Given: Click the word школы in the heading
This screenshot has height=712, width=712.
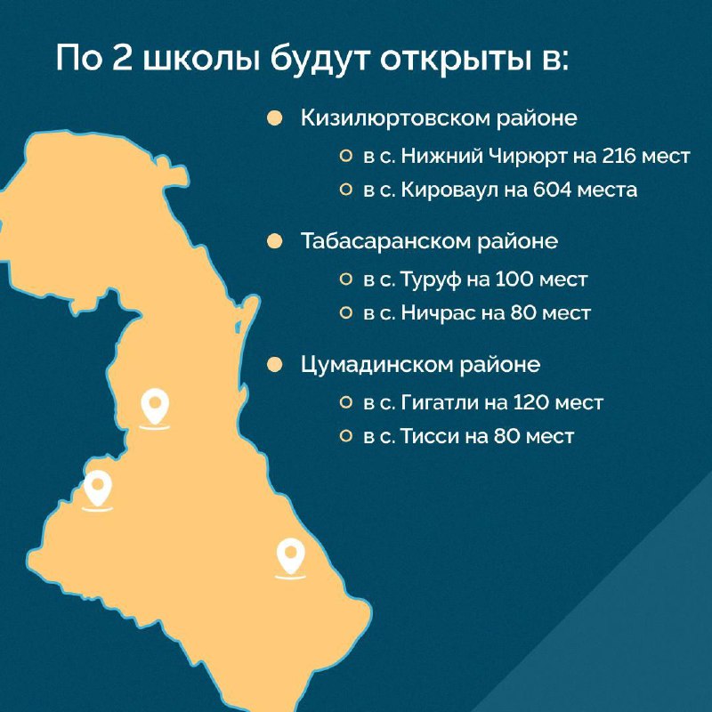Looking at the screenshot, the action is point(202,59).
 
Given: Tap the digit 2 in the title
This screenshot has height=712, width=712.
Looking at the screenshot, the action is point(122,58).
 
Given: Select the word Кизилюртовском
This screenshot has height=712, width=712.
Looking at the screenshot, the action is point(394,118).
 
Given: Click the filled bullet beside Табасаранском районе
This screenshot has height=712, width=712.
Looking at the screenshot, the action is point(275,241).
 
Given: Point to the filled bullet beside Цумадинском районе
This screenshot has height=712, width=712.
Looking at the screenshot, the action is point(275,365).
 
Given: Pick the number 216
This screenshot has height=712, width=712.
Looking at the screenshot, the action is point(619,157).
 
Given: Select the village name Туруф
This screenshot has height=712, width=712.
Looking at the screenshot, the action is point(431,280).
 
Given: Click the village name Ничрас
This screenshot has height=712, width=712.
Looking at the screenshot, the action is point(438,313).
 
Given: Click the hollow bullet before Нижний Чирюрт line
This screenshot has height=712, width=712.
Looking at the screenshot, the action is point(346,157).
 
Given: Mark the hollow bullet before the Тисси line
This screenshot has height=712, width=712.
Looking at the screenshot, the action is point(346,436).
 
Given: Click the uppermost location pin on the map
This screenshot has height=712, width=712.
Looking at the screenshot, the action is point(155,407).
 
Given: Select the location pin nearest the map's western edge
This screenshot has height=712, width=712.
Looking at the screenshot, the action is point(98,488).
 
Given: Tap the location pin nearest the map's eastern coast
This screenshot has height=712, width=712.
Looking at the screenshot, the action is point(291,555).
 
